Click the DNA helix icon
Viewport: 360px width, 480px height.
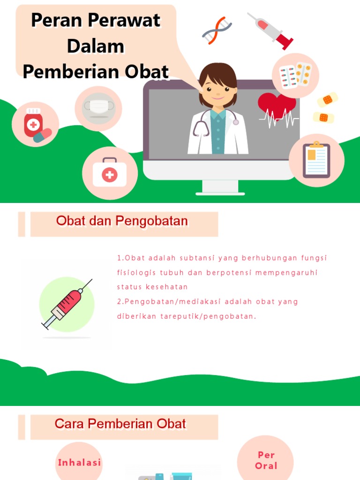(x=217, y=30)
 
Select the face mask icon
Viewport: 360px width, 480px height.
(x=98, y=107)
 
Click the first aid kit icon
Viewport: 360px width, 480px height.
(x=110, y=173)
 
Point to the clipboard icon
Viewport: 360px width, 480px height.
(x=316, y=160)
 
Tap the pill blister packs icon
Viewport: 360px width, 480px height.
(x=295, y=75)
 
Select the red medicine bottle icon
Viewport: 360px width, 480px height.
(x=34, y=124)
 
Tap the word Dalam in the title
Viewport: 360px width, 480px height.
(x=96, y=46)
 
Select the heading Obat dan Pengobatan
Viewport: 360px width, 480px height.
(x=122, y=221)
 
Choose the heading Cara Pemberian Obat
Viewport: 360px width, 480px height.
(x=120, y=424)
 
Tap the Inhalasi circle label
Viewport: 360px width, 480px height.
(x=79, y=463)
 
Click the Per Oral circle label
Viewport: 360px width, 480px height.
(x=266, y=460)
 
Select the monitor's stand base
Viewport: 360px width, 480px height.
(x=220, y=192)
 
